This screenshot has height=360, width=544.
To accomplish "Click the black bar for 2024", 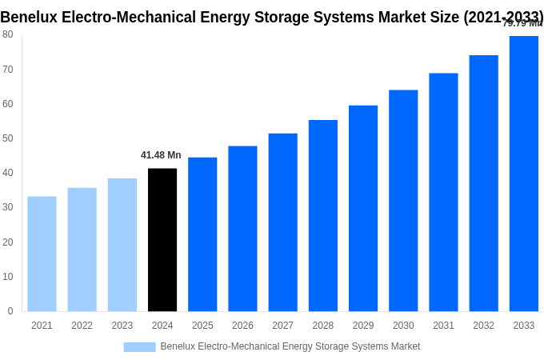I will point(162,240).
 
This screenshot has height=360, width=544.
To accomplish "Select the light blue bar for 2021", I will point(42,254).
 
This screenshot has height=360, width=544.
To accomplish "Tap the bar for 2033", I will point(523,174).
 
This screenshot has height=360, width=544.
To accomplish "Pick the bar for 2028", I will point(322,216).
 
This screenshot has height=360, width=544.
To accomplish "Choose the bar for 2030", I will point(403,201).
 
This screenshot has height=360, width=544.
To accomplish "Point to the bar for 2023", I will point(122,245).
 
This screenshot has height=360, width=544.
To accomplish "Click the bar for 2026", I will point(242,229).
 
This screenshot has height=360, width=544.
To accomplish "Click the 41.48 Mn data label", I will point(161,155).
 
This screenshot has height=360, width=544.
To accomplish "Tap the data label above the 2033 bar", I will point(522,23).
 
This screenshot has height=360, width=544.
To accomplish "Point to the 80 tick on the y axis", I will point(8,34).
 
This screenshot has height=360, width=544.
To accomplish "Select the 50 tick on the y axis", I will point(8,138).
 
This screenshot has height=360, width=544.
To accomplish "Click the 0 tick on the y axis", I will point(10,311).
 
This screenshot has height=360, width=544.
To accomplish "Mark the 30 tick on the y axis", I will point(8,207).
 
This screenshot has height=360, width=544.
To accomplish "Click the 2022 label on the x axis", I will point(82,326).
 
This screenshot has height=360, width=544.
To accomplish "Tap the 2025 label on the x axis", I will point(202,326).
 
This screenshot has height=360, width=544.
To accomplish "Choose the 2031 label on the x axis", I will point(443,326).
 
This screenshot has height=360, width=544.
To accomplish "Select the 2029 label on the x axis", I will point(363,326).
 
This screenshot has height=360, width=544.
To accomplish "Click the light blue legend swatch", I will point(139,347).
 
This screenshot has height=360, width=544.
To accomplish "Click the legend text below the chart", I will point(290,346).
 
